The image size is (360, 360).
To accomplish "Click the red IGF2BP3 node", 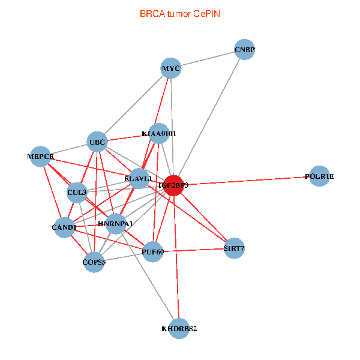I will pyautogui.click(x=173, y=185).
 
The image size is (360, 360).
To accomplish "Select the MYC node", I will pyautogui.click(x=171, y=68).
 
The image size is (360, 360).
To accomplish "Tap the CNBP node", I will pyautogui.click(x=244, y=49).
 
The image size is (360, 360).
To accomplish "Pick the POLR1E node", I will pyautogui.click(x=319, y=176).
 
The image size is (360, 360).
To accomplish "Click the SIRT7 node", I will pyautogui.click(x=234, y=248).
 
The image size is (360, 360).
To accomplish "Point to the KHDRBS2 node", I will pyautogui.click(x=179, y=329).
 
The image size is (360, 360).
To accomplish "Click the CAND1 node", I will pyautogui.click(x=64, y=227).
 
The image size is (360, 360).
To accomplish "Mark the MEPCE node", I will pyautogui.click(x=41, y=157).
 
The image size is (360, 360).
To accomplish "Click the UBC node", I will pyautogui.click(x=97, y=142).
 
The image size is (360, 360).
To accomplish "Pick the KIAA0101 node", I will pyautogui.click(x=159, y=133).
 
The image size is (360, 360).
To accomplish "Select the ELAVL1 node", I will pyautogui.click(x=139, y=179).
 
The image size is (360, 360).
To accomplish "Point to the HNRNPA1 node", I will pyautogui.click(x=115, y=224).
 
